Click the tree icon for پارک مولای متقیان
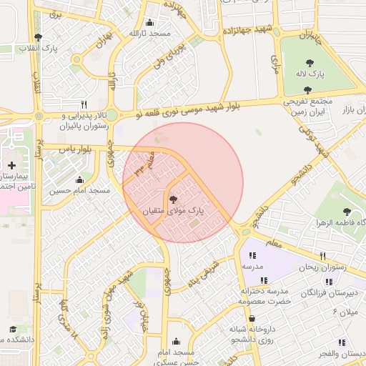173,199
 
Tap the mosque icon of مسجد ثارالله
149,22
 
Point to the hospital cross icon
11,165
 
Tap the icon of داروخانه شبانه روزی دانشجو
252,319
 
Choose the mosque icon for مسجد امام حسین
79,179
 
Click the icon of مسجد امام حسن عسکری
177,342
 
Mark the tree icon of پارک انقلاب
37,37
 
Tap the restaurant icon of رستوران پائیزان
84,104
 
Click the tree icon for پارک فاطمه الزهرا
347,212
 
